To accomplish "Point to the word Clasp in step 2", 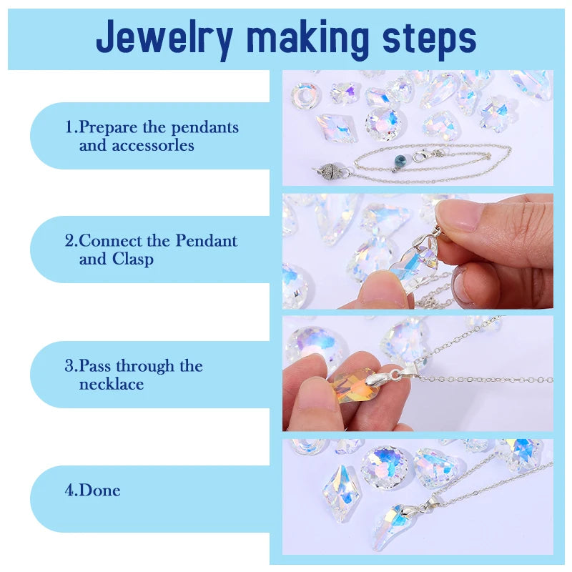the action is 133,260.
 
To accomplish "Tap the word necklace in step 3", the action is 112,384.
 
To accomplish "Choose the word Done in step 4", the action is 99,490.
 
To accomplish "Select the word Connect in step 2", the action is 110,241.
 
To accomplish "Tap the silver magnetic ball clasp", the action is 327,169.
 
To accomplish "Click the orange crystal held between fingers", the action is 350,386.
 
